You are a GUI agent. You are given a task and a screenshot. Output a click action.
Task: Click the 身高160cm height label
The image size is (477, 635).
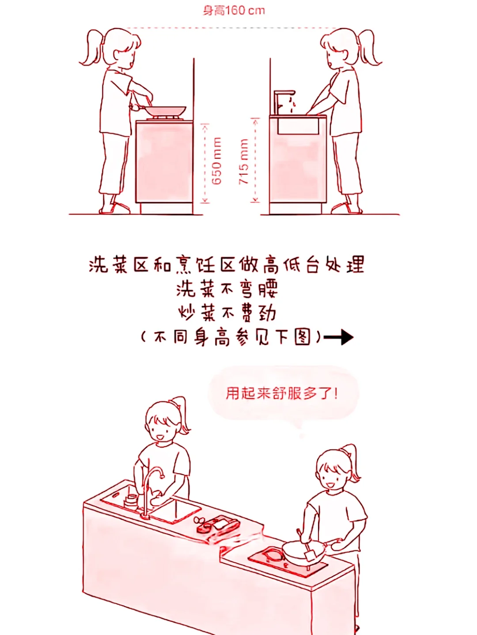click(234, 11)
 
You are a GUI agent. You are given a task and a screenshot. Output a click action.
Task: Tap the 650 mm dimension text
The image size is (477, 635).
click(216, 161)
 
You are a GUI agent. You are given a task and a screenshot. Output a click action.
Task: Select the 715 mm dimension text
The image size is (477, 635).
click(243, 161)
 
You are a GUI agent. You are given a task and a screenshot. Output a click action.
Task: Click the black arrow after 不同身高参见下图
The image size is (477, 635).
click(338, 337)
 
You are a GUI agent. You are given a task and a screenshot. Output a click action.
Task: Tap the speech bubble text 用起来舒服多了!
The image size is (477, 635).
click(281, 393)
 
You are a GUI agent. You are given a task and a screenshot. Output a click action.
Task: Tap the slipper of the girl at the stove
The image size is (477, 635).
click(115, 209)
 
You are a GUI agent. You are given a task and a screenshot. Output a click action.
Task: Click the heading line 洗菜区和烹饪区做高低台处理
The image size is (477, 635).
click(226, 264)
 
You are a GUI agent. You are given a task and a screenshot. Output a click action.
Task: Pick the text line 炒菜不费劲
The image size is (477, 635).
click(227, 313)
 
